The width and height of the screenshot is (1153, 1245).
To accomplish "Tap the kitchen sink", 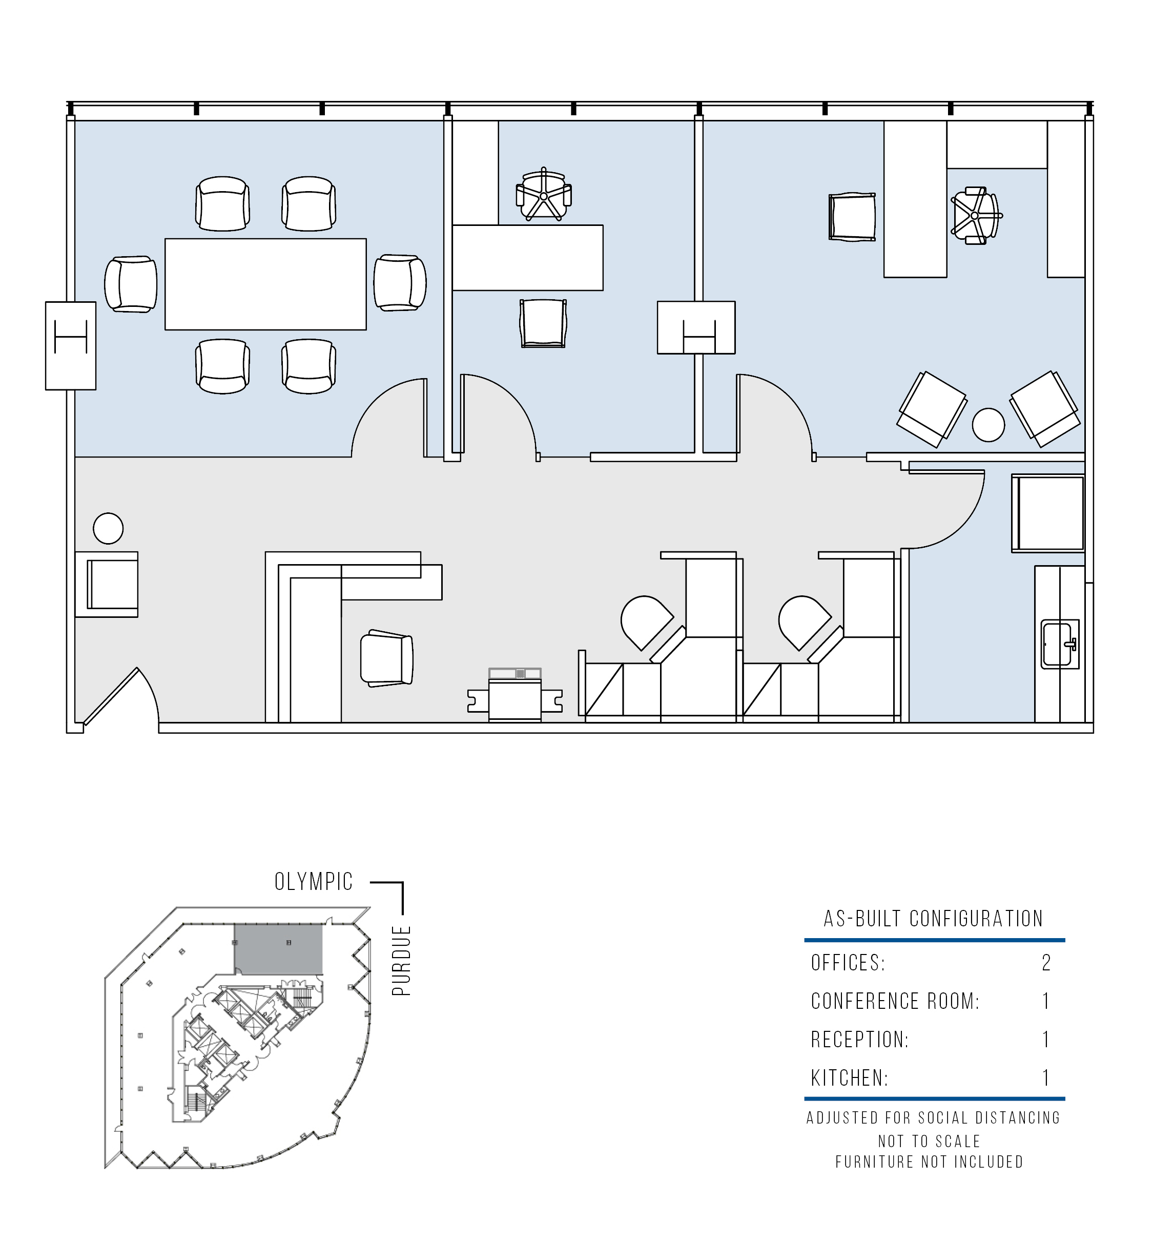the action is [x=1060, y=645].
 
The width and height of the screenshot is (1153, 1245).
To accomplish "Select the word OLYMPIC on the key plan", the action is [x=314, y=881].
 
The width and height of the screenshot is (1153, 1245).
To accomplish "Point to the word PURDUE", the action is [x=401, y=960].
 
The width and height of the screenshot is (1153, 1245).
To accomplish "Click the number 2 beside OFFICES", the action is [x=1046, y=963].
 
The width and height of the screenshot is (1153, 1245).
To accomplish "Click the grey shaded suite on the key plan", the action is [x=278, y=949].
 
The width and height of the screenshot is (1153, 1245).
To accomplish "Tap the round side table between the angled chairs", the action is [x=989, y=425].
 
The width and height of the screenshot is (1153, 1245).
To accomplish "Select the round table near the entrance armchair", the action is [x=108, y=528].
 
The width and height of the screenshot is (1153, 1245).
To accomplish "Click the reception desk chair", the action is [x=387, y=658].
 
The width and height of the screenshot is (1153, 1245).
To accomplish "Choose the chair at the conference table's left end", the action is [x=130, y=284].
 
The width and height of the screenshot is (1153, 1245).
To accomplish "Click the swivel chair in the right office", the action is [x=975, y=216].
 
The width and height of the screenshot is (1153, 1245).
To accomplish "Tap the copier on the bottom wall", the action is [x=514, y=695].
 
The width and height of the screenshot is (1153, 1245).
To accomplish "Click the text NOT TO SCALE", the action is [x=929, y=1142].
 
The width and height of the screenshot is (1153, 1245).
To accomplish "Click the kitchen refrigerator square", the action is [x=1048, y=513].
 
